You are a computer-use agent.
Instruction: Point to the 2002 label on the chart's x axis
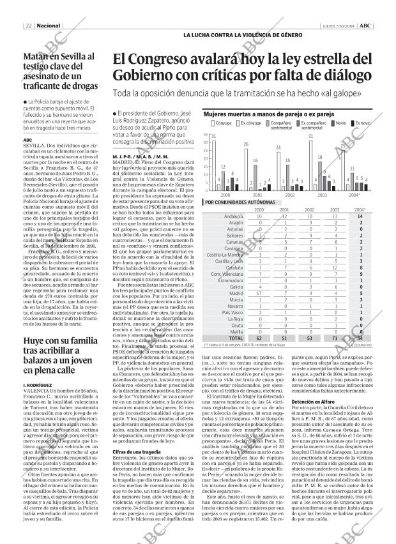[x=289, y=194]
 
